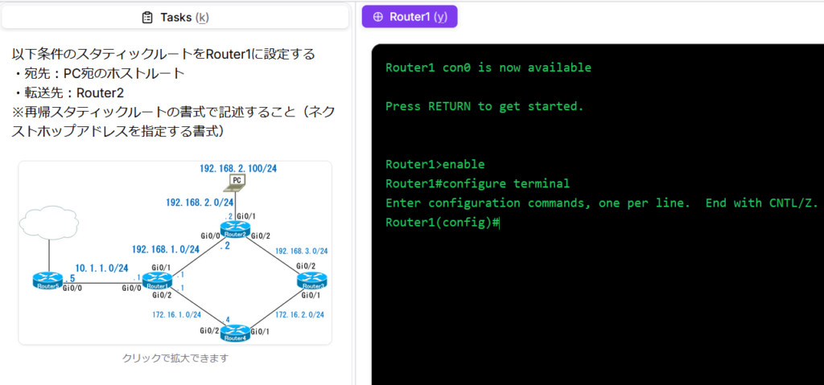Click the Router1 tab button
[x=410, y=17]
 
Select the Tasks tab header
[x=175, y=17]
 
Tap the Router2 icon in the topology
[x=235, y=229]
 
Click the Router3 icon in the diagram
[x=311, y=281]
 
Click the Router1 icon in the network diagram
[x=158, y=281]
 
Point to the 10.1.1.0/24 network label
[x=102, y=267]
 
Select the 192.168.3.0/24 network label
[x=302, y=251]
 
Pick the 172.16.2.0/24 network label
[x=299, y=314]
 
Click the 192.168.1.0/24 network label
[x=165, y=249]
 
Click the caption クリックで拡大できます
[x=175, y=358]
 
